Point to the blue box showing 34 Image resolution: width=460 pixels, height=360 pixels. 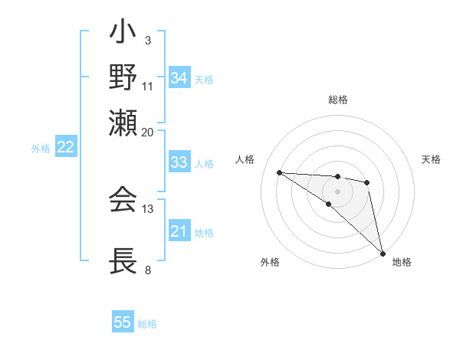point(179,78)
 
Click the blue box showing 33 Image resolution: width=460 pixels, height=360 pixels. point(179,162)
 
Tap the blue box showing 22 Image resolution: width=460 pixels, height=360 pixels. point(65,148)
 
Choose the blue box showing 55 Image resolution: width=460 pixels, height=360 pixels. point(123,322)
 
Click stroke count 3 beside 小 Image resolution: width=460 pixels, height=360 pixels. point(147,40)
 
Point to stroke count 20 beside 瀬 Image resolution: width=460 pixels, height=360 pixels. point(147,132)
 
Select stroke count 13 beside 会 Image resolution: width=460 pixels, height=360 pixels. point(147,208)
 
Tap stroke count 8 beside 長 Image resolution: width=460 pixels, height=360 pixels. point(147,270)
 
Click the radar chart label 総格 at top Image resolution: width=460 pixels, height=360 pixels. point(338,100)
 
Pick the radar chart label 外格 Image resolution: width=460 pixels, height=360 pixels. point(270,262)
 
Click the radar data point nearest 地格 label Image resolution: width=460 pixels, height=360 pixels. point(382,252)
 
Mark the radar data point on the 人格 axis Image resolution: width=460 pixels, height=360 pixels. point(279,172)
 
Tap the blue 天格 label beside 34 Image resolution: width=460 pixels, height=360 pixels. point(204,79)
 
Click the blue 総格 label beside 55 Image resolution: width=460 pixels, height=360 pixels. point(147,324)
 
